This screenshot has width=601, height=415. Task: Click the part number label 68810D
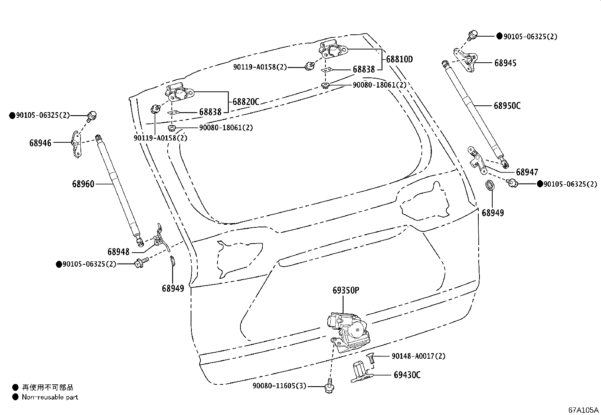pos(399,59)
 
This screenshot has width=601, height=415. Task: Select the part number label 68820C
pos(246,102)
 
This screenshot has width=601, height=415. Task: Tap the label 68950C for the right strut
pos(507,106)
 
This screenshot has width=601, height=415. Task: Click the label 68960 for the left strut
pos(83,184)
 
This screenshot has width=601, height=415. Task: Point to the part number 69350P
pos(345,290)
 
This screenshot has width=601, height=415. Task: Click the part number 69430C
pos(407,375)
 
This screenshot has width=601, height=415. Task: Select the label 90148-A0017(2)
pos(418,356)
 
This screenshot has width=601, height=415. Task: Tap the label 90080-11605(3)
pos(279,386)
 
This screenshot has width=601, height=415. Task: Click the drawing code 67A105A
pos(584,410)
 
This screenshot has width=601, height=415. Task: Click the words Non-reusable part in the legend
pos(50,397)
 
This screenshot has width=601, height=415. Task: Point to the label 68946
pos(40,143)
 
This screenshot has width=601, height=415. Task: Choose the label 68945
pos(505,63)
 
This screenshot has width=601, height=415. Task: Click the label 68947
pos(527,172)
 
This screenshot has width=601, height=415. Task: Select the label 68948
pos(118,252)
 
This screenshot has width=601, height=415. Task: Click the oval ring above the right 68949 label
pos(490,185)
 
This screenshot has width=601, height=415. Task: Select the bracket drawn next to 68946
pos(77,144)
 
